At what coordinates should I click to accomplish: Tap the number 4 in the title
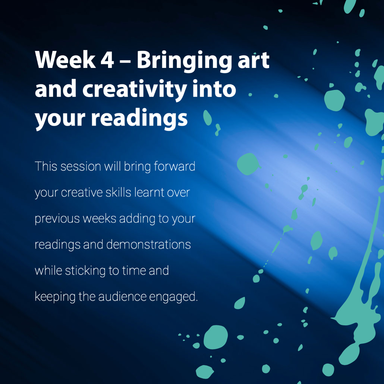pyautogui.click(x=107, y=60)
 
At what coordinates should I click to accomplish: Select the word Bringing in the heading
pyautogui.click(x=184, y=61)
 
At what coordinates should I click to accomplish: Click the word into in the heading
pyautogui.click(x=214, y=89)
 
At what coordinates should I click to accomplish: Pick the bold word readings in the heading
pyautogui.click(x=139, y=119)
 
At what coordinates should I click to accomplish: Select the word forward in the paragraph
pyautogui.click(x=174, y=166)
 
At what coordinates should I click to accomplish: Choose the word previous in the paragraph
pyautogui.click(x=57, y=219)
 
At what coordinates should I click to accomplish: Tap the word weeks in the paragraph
pyautogui.click(x=100, y=218)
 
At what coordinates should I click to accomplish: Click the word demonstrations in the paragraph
pyautogui.click(x=148, y=245)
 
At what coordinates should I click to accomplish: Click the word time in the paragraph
pyautogui.click(x=134, y=271)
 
